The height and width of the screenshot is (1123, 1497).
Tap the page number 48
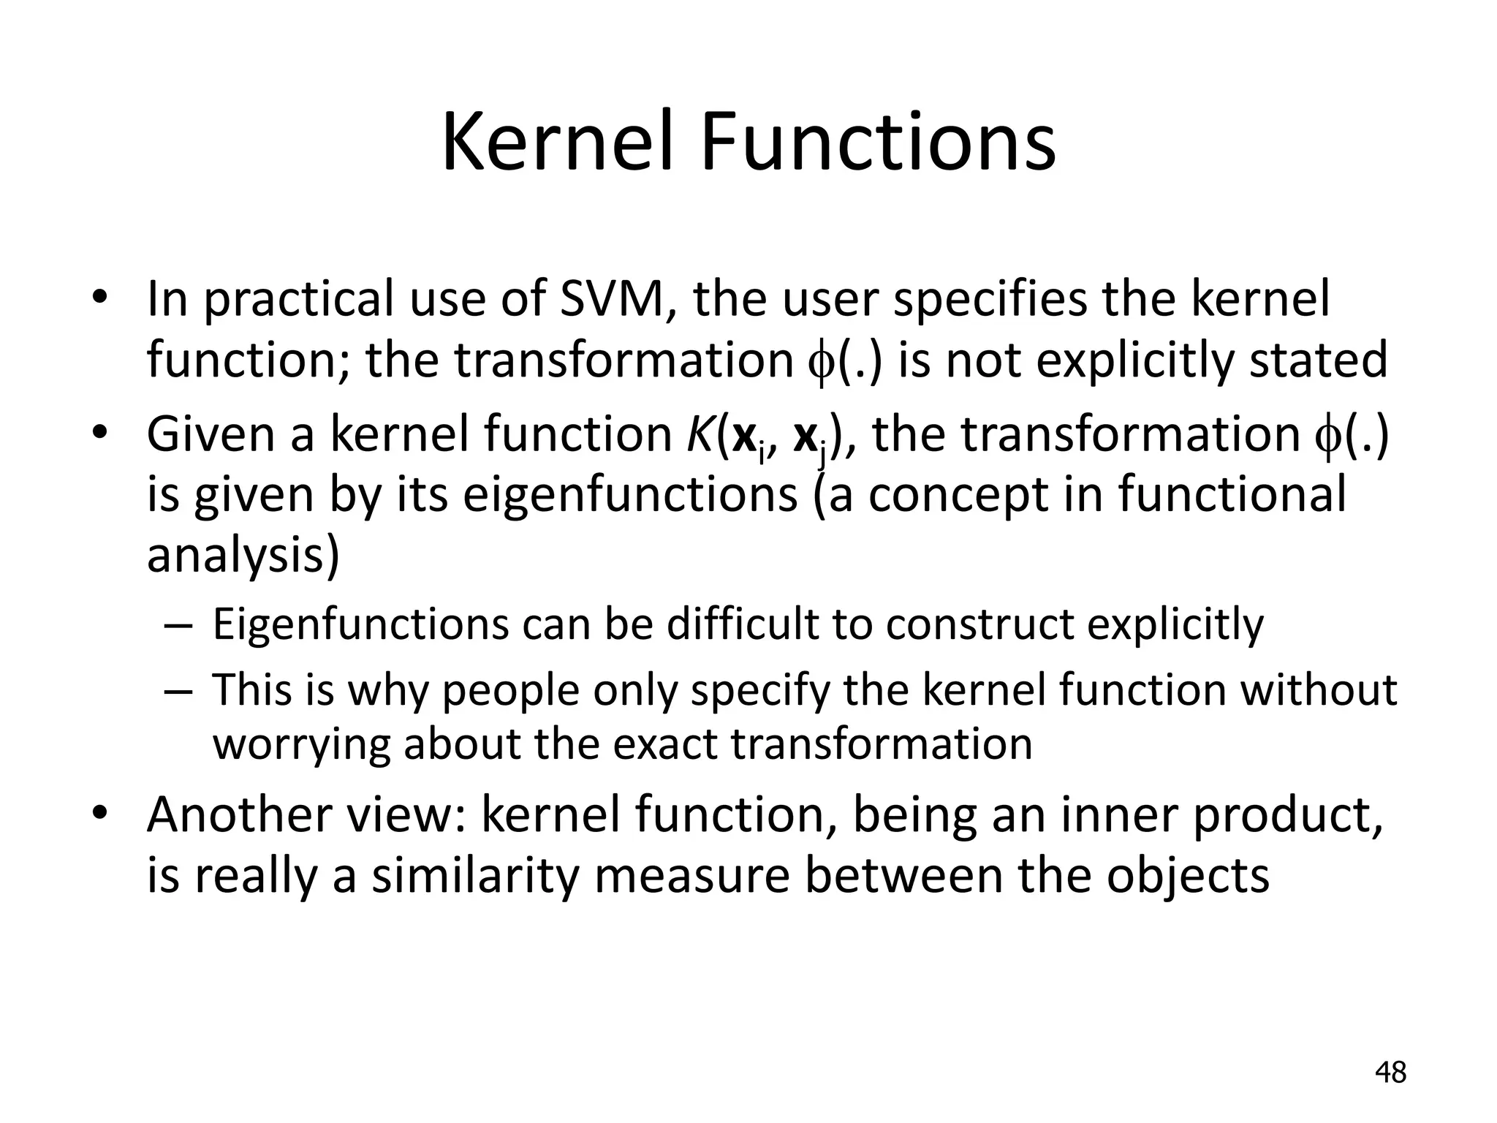(x=1390, y=1073)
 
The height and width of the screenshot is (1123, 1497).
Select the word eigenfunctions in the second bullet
(x=630, y=495)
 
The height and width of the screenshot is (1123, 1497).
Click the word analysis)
(x=243, y=556)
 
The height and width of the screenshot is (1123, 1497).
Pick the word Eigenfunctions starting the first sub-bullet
(x=360, y=625)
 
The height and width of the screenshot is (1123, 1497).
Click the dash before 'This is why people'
(x=178, y=692)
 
